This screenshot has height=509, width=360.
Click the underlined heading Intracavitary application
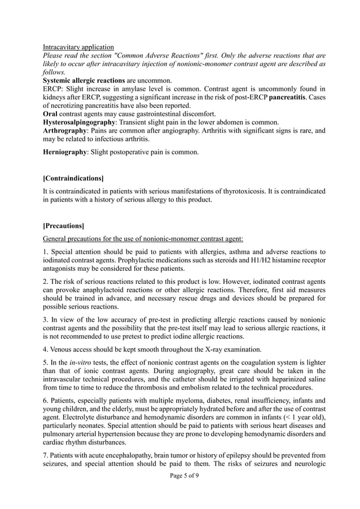pyautogui.click(x=78, y=46)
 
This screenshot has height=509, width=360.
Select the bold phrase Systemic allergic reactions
pyautogui.click(x=84, y=81)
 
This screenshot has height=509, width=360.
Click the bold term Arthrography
pyautogui.click(x=66, y=131)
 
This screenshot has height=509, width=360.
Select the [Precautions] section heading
pyautogui.click(x=63, y=226)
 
